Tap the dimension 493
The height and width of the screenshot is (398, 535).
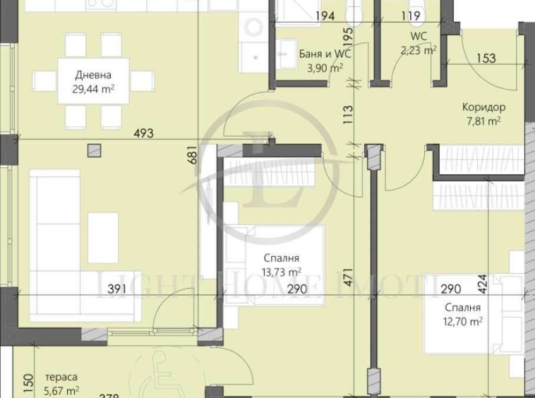tap(143, 132)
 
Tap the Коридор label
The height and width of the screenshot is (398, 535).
tap(483, 107)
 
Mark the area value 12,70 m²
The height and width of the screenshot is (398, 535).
tap(464, 321)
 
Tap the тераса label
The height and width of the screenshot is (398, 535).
tap(61, 377)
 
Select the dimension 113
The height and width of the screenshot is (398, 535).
tap(347, 114)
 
